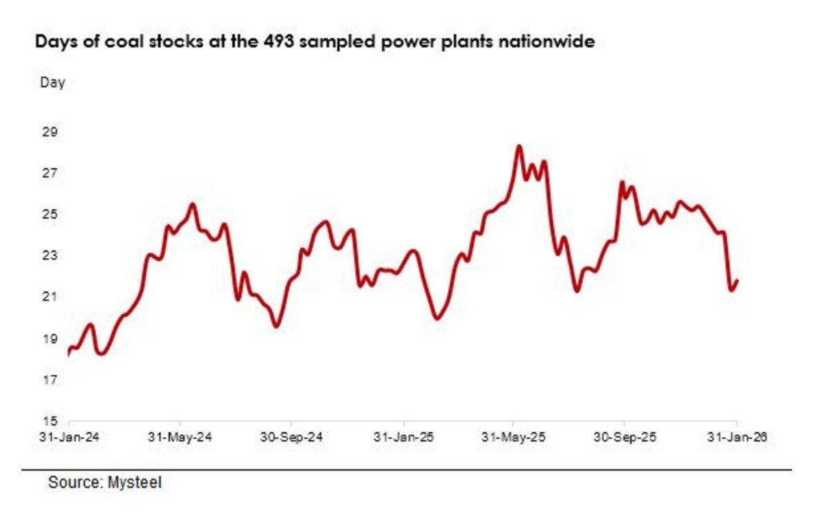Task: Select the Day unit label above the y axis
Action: [53, 83]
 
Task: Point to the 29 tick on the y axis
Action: [50, 131]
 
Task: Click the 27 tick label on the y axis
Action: [50, 173]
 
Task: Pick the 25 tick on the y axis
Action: [50, 214]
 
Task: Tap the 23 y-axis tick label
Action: [50, 255]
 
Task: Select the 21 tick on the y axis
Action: [50, 297]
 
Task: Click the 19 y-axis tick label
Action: [50, 338]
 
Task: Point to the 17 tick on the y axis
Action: [50, 380]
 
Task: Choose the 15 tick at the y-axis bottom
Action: [50, 420]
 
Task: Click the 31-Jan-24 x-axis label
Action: [69, 437]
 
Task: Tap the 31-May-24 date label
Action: [180, 437]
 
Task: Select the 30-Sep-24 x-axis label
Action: [292, 437]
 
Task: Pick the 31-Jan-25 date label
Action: [403, 437]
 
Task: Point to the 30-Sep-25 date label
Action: [626, 437]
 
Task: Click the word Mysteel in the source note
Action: [135, 483]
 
